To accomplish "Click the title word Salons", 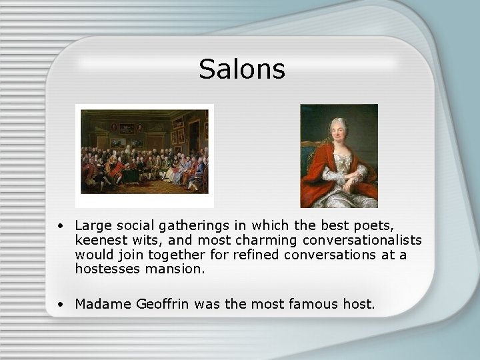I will [x=241, y=69].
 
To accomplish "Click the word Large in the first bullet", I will [x=92, y=227].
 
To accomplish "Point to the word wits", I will [x=145, y=241].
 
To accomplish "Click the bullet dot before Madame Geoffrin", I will [x=61, y=305].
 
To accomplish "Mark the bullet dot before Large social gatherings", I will [x=61, y=227].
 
